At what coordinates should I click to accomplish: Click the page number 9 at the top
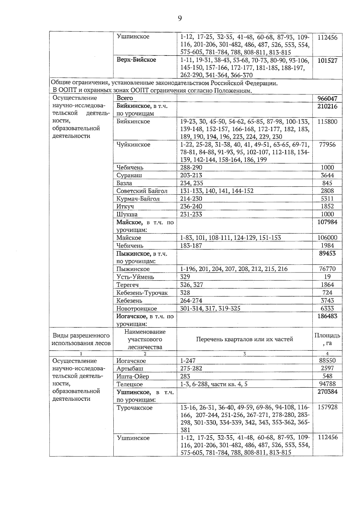pos(180,19)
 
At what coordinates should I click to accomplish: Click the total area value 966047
pos(327,98)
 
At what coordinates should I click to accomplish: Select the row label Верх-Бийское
pos(136,60)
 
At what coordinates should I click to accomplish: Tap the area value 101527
pos(327,60)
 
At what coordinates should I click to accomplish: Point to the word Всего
pos(124,98)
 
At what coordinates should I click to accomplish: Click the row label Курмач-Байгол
pos(138,199)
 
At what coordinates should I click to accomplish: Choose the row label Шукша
pos(127,214)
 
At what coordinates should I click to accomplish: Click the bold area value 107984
pos(327,222)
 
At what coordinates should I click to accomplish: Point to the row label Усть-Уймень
pos(135,277)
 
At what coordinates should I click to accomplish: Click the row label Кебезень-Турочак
pos(142,293)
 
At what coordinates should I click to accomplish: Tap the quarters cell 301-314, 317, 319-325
pos(210,308)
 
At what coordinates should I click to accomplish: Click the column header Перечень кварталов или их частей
pos(244,339)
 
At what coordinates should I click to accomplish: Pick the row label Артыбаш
pos(130,368)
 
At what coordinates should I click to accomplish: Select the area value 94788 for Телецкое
pos(327,384)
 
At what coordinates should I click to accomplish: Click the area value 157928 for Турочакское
pos(327,407)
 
